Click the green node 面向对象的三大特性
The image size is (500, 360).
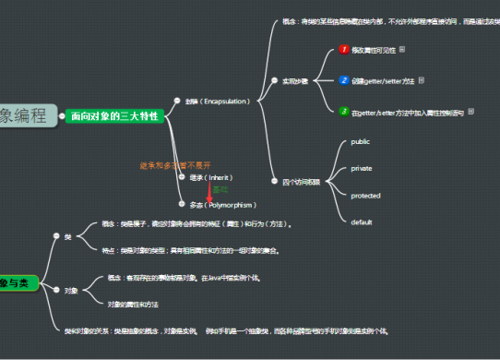coord(114,115)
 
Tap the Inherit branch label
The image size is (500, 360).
coord(211,176)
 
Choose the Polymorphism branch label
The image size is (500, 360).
coord(222,204)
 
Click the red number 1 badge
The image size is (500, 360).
coord(342,49)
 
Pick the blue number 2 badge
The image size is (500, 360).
coord(342,80)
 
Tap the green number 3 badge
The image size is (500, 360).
coord(342,112)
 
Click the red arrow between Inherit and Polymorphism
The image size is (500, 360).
coord(209,190)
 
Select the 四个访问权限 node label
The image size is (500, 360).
coord(301,181)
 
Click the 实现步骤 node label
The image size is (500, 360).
coord(295,80)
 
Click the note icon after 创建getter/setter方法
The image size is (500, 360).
coord(422,80)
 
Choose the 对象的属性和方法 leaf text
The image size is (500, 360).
coord(133,304)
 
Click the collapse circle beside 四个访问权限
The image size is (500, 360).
coord(273,181)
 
